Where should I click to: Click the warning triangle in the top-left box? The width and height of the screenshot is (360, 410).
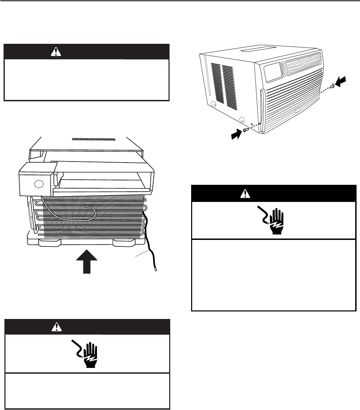pyautogui.click(x=55, y=52)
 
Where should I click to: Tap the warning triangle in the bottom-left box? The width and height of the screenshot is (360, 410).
pyautogui.click(x=55, y=327)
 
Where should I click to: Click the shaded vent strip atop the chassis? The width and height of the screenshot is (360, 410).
pyautogui.click(x=94, y=140)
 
